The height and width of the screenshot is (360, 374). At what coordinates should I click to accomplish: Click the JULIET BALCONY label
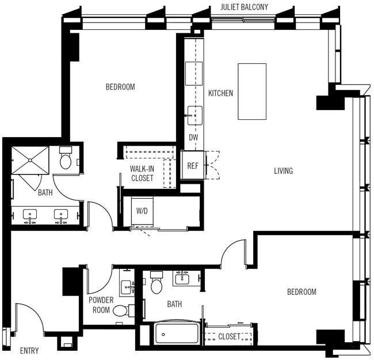click(x=251, y=7)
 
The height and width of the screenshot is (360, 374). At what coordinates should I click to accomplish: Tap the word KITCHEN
click(x=220, y=93)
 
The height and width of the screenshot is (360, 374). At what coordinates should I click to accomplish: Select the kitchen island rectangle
click(x=252, y=92)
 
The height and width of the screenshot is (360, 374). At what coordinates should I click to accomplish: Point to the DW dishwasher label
click(x=193, y=138)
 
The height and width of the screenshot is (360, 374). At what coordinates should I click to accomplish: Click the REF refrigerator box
click(x=193, y=166)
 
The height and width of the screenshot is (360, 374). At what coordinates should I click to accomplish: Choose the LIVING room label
click(x=283, y=171)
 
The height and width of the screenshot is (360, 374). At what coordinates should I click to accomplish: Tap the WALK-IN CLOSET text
click(x=142, y=173)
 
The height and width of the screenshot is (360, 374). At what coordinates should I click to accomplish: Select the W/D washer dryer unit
click(x=142, y=211)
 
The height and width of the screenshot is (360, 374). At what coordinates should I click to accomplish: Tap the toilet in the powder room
click(x=121, y=311)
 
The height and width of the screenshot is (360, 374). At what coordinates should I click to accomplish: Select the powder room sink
click(x=127, y=285)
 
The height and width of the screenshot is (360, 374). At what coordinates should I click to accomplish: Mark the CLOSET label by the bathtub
click(x=229, y=336)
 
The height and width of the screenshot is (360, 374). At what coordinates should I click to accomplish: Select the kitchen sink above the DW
click(x=194, y=116)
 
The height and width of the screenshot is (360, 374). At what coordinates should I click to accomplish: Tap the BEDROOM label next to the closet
click(x=302, y=292)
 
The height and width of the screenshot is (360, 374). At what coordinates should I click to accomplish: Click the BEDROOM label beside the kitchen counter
click(x=120, y=87)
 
